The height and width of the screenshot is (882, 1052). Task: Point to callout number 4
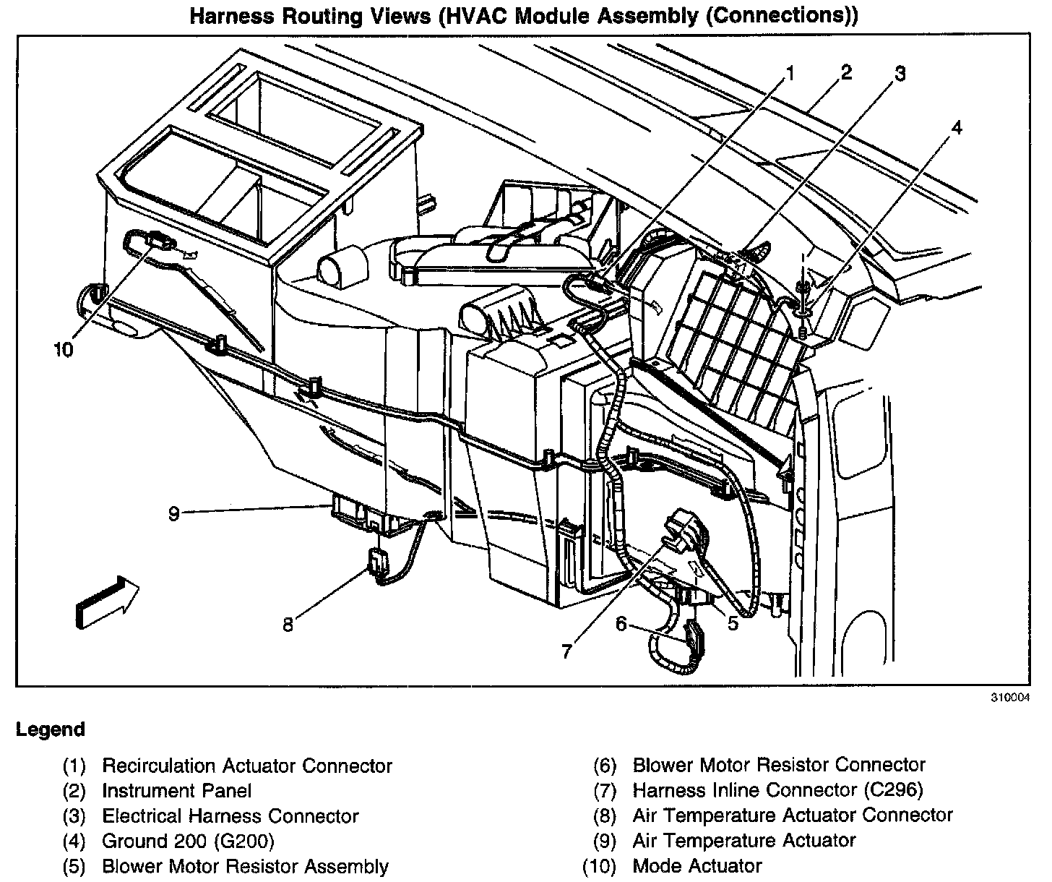(x=956, y=128)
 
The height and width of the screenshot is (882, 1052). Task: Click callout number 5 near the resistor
(x=733, y=622)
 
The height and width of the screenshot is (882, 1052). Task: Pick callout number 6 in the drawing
(x=621, y=622)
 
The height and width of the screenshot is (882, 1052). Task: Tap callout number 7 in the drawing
(x=566, y=651)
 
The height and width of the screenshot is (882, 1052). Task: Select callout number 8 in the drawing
(x=288, y=625)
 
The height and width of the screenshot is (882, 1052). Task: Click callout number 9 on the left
(x=173, y=513)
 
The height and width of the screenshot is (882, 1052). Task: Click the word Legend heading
(x=50, y=729)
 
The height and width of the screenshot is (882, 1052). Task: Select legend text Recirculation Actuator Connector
(x=247, y=766)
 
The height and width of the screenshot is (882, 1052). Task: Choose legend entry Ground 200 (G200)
(x=188, y=841)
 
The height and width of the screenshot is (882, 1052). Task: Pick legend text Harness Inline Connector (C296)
(x=777, y=790)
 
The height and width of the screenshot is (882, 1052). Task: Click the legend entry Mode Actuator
(x=697, y=865)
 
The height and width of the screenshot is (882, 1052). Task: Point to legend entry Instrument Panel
(x=176, y=791)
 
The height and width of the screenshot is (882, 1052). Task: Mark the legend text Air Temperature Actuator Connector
(x=793, y=815)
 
